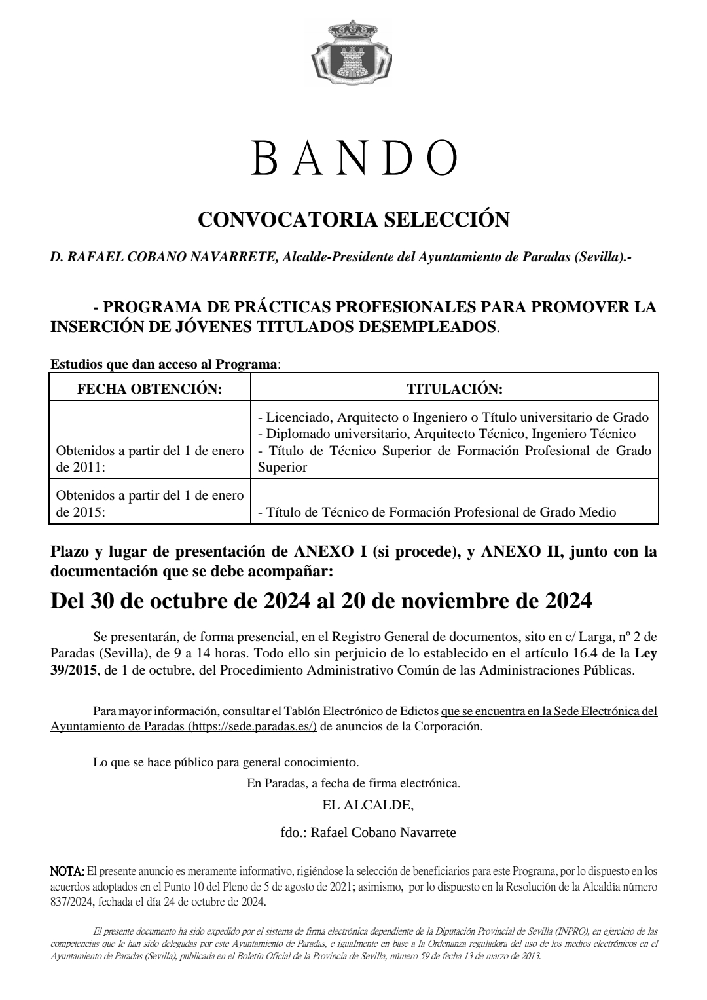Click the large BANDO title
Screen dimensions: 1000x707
(x=353, y=158)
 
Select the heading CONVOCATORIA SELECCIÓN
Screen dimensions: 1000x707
(x=353, y=220)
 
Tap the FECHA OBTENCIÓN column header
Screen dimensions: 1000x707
(x=150, y=389)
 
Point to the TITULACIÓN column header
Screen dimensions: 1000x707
(x=454, y=389)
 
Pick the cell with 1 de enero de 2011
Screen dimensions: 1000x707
(x=150, y=459)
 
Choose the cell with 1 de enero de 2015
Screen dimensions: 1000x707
(x=150, y=504)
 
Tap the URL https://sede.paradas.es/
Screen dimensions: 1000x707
(x=252, y=726)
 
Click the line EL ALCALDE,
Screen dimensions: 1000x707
(x=367, y=804)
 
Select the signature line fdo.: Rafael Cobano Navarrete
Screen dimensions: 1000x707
(x=367, y=833)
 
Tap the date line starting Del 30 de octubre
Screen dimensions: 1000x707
(x=321, y=601)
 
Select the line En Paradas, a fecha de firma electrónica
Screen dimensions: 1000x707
(x=353, y=783)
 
